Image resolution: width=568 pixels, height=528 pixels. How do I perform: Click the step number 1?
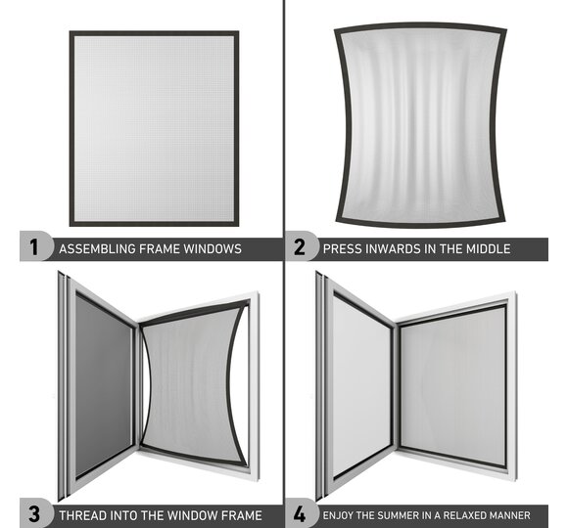[33, 247]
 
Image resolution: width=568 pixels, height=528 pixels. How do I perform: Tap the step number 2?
[300, 247]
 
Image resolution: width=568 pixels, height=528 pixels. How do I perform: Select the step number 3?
[33, 514]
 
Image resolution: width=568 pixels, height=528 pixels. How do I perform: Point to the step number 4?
[300, 514]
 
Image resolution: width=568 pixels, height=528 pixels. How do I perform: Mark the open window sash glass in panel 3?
[103, 385]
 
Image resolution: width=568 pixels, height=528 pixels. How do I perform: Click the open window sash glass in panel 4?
[361, 385]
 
